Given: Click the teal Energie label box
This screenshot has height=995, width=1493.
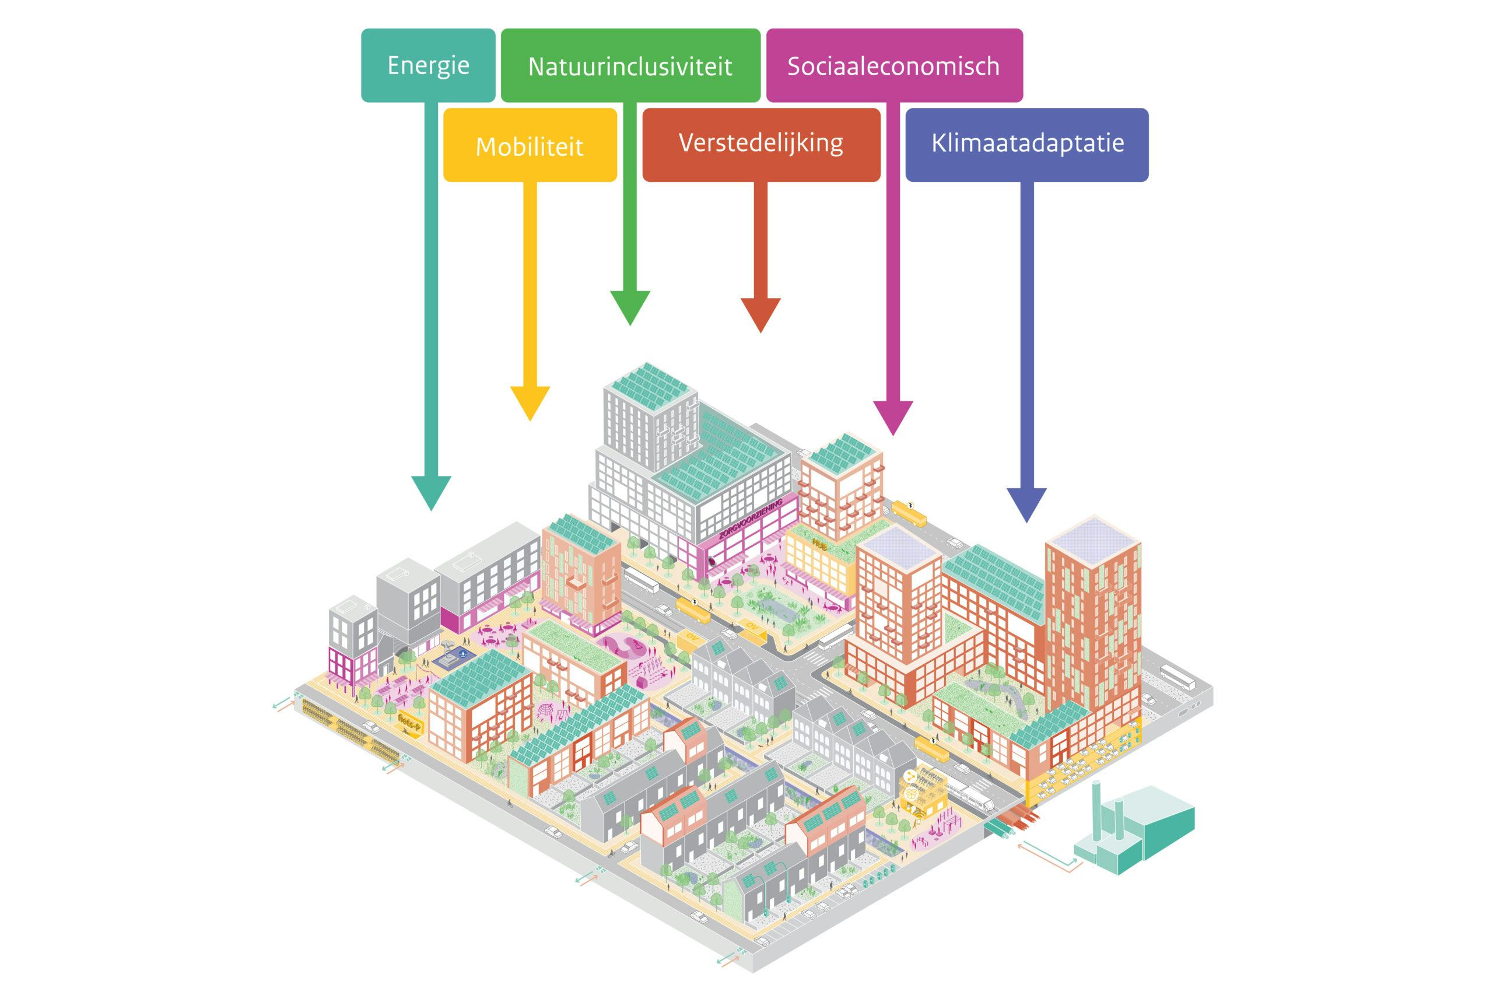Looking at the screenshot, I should click(427, 65).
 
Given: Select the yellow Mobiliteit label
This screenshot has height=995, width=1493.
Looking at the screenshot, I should click(529, 145).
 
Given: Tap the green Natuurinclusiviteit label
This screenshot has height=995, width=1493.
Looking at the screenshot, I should click(630, 65).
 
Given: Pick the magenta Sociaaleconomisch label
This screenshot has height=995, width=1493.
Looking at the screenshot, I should click(894, 65).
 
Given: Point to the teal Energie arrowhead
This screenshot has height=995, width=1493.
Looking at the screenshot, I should click(431, 492).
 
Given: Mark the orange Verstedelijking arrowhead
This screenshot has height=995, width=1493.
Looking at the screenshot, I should click(760, 313).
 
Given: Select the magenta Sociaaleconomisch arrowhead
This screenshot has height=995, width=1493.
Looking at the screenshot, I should click(893, 417).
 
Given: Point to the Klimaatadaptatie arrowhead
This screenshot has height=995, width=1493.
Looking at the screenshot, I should click(1026, 504).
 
